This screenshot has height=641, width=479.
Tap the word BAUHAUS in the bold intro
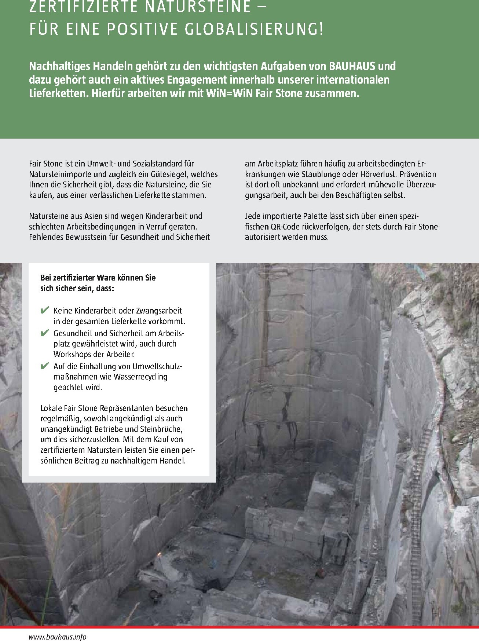353,66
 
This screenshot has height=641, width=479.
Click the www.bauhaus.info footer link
58,637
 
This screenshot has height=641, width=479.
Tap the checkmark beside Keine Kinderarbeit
45,311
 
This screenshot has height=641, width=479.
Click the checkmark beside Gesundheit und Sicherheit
45,333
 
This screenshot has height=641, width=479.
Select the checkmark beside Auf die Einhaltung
45,366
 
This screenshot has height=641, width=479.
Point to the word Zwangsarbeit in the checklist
159,311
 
